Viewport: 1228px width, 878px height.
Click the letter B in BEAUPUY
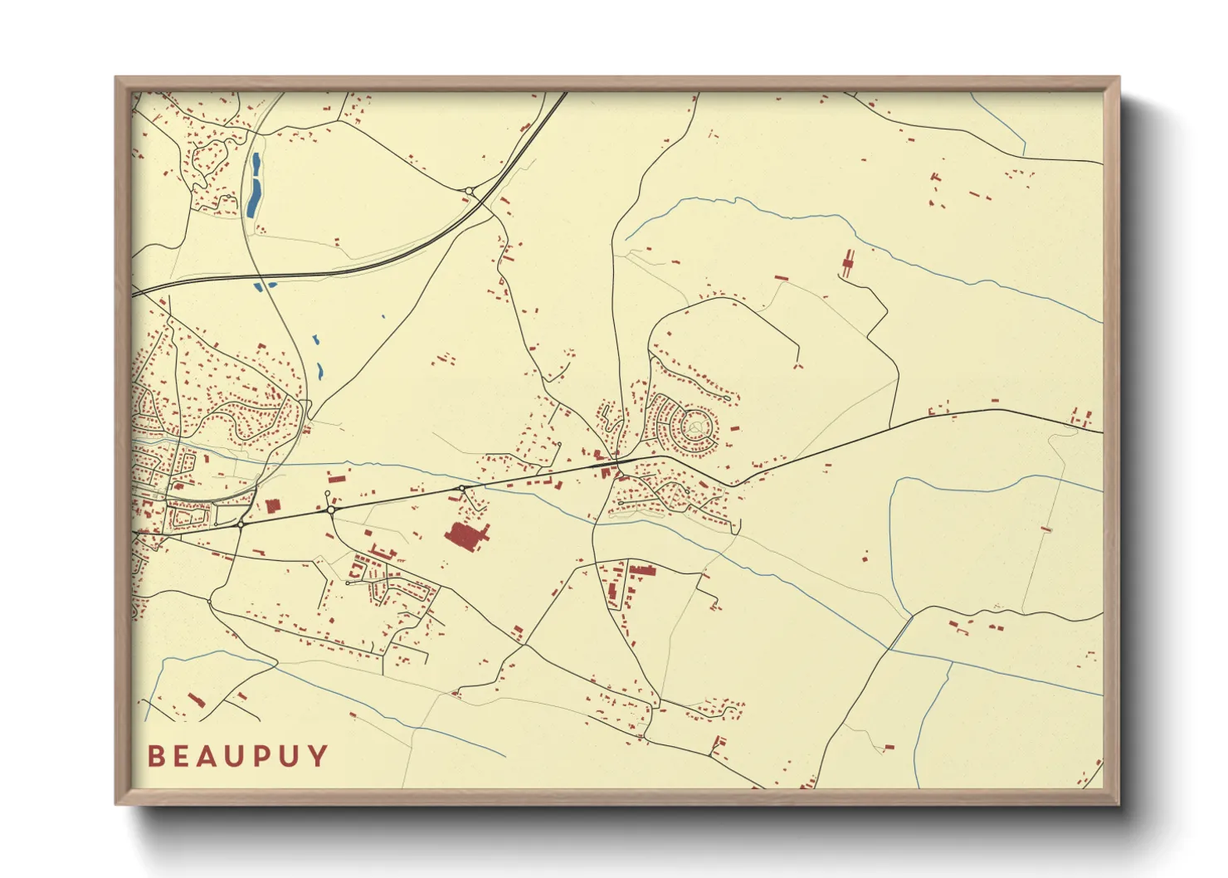[x=155, y=757]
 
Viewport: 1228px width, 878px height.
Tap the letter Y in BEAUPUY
[x=318, y=757]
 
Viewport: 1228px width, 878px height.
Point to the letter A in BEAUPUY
[x=208, y=757]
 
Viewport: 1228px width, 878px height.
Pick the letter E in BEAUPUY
[x=181, y=757]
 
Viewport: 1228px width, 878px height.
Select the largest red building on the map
[x=466, y=536]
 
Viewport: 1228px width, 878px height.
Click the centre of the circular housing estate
[x=694, y=427]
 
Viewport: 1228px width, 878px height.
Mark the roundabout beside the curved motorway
[x=470, y=192]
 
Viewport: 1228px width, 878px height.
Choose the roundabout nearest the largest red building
[x=461, y=489]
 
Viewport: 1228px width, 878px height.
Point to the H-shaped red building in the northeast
[x=848, y=264]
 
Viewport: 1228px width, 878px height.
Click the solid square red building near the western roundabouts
[x=273, y=505]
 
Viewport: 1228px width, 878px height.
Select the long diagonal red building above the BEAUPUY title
[x=196, y=700]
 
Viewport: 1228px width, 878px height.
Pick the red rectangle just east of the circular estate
[x=734, y=429]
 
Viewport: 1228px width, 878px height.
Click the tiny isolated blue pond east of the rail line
[x=383, y=316]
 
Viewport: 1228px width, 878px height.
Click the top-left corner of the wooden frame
[x=116, y=78]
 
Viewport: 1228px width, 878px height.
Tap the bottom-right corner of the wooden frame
[x=1118, y=803]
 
